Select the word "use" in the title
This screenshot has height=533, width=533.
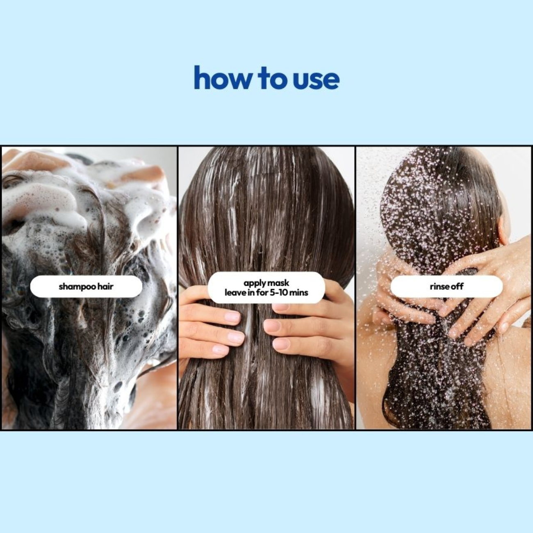pos(316,79)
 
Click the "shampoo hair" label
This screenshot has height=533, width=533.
pos(86,286)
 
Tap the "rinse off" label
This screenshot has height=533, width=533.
pos(446,286)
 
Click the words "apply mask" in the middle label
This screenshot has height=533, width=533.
pos(266,283)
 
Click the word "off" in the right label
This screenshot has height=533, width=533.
pos(457,286)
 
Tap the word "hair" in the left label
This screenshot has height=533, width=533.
pos(105,286)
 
